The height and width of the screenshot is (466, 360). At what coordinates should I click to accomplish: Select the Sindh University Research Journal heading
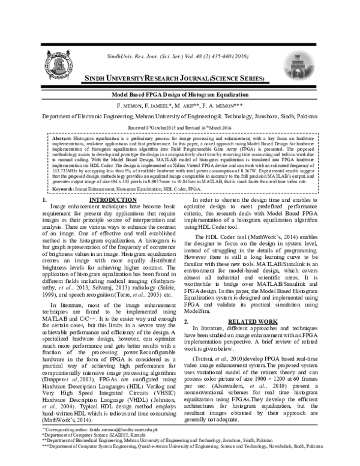click(x=181, y=79)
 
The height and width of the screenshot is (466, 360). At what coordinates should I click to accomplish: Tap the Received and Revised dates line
click(x=180, y=128)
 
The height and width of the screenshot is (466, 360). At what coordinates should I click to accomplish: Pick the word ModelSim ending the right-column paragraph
click(x=204, y=312)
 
